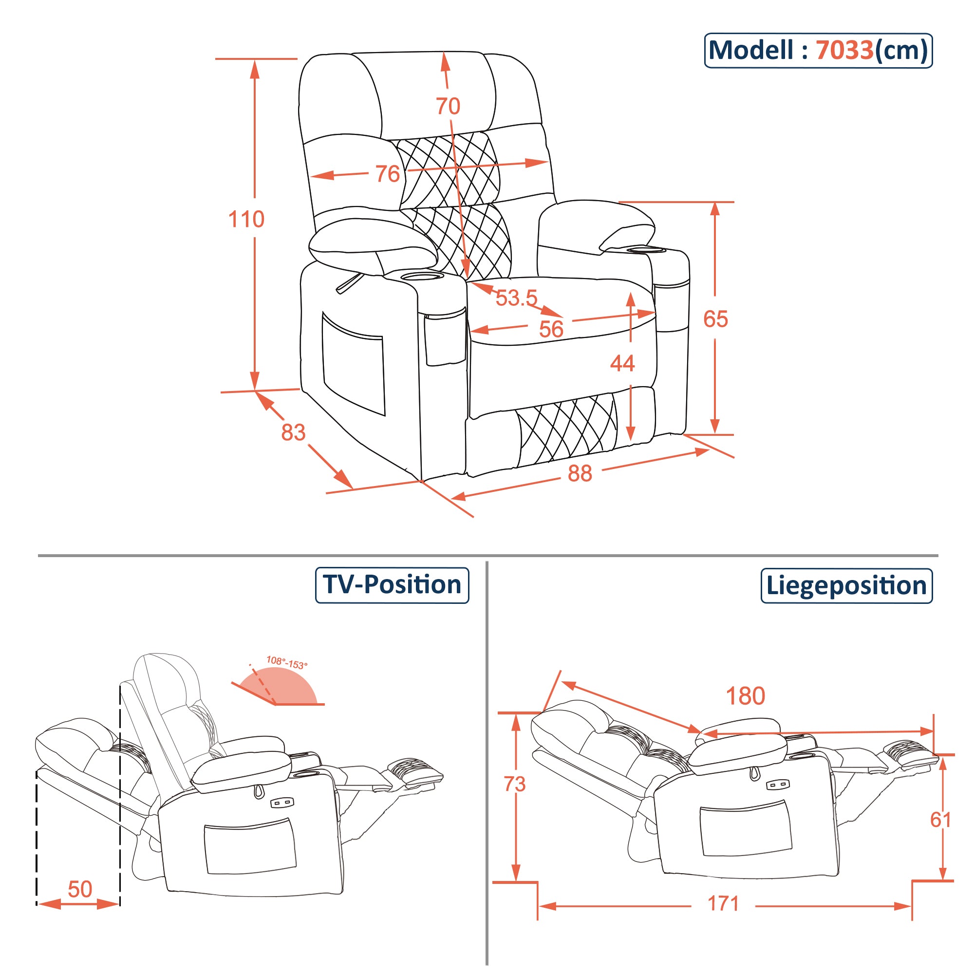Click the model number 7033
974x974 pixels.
pyautogui.click(x=844, y=51)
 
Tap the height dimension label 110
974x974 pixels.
pyautogui.click(x=246, y=219)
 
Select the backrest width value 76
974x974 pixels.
pyautogui.click(x=387, y=174)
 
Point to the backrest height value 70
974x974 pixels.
pyautogui.click(x=448, y=106)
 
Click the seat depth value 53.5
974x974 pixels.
pyautogui.click(x=516, y=298)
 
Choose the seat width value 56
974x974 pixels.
pyautogui.click(x=550, y=329)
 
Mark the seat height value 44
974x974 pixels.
pyautogui.click(x=622, y=363)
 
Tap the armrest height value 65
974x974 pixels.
pyautogui.click(x=715, y=319)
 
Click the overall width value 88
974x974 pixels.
pyautogui.click(x=579, y=473)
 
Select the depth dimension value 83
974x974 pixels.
pyautogui.click(x=293, y=432)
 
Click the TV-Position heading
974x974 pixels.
pyautogui.click(x=392, y=585)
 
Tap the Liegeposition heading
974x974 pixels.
pyautogui.click(x=846, y=586)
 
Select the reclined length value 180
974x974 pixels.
pyautogui.click(x=745, y=696)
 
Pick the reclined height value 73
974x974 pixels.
pyautogui.click(x=514, y=784)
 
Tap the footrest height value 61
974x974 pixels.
pyautogui.click(x=940, y=820)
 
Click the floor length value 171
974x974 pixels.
pyautogui.click(x=723, y=903)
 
